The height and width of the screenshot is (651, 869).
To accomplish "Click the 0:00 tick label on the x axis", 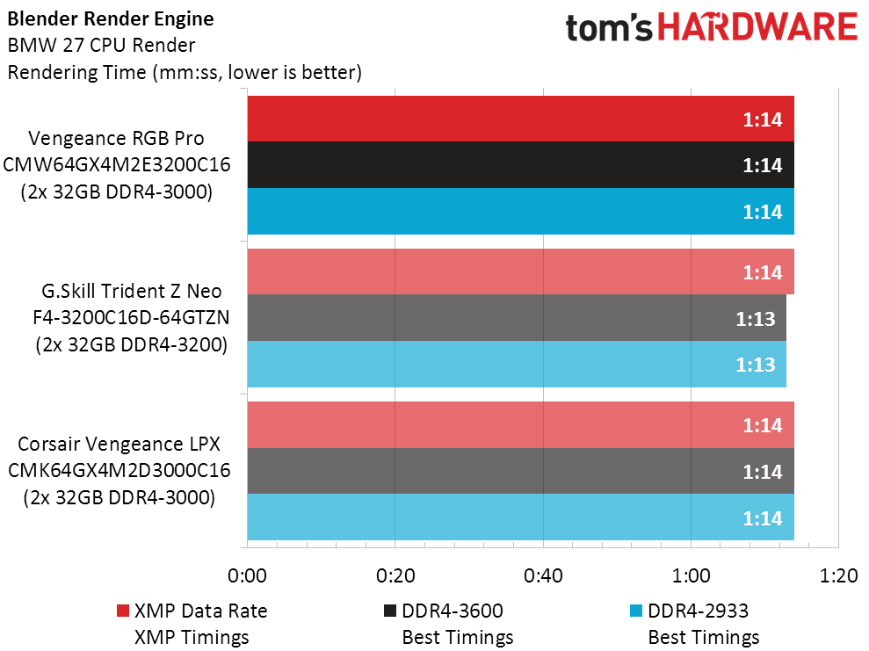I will [x=247, y=576].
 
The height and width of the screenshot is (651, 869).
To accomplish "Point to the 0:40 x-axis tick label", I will [x=543, y=576].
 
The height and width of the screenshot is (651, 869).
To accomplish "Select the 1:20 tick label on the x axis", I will [x=837, y=576].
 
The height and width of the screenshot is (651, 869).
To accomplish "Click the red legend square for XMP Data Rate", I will [x=122, y=611].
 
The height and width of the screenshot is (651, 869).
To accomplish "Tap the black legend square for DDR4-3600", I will [x=390, y=611].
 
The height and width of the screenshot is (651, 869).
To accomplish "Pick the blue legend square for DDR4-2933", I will [x=636, y=611].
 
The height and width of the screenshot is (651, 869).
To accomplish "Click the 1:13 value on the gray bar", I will [x=756, y=318].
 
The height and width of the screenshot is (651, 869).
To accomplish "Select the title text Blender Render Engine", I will [x=110, y=18].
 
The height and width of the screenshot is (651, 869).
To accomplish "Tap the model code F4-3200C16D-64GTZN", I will [x=119, y=318].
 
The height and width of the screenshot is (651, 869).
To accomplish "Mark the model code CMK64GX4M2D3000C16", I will [x=119, y=471].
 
